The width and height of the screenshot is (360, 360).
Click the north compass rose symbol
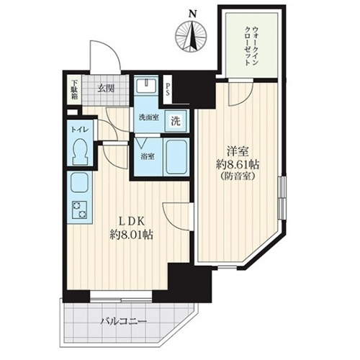pos(191,35)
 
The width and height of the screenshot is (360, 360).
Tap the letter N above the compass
pos(192,14)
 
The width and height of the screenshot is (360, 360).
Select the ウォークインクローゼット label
pos(251,46)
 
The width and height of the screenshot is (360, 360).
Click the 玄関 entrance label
pos(105,89)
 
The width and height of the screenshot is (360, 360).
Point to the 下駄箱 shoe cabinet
pos(74,90)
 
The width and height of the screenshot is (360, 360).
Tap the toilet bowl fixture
pos(80,152)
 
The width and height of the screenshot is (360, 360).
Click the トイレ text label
pos(79,130)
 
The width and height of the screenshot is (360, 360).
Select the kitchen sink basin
pos(79,183)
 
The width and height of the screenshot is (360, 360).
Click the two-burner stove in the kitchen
pos(79,210)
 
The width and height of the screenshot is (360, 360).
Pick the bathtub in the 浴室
pos(176,158)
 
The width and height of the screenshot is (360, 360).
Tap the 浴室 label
pos(147,157)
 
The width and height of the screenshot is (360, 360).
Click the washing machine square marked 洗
pos(176,121)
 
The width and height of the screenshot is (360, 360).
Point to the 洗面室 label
pos(148,117)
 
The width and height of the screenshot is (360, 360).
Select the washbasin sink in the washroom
pos(146,86)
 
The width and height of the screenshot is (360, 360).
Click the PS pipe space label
pos(168,89)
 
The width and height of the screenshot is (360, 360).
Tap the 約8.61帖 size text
pos(238,165)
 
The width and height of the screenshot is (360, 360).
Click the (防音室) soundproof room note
pos(238,176)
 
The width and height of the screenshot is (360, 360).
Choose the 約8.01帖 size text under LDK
pos(132,235)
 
